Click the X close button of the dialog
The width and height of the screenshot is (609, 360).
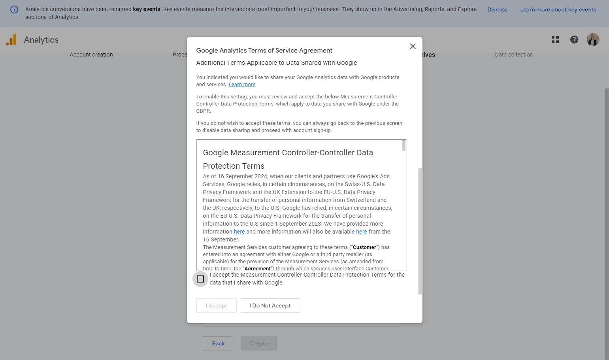[413, 46]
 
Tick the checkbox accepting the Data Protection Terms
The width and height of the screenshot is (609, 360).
[200, 279]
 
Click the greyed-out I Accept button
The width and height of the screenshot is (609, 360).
[216, 305]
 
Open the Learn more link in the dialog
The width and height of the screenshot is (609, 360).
[242, 85]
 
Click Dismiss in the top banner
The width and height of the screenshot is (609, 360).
[497, 9]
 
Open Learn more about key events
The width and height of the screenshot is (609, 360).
[558, 9]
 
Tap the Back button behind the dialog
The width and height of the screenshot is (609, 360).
[218, 343]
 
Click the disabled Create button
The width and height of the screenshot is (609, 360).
[259, 343]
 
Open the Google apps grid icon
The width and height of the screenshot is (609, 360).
[555, 40]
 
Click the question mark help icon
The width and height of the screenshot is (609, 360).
[574, 40]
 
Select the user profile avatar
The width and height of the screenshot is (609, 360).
[593, 40]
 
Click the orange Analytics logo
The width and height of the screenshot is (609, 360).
[11, 40]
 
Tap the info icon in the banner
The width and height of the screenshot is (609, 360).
[14, 9]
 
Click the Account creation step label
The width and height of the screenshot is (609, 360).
[91, 55]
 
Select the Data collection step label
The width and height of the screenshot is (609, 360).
[514, 55]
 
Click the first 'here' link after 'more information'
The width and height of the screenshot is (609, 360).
[239, 232]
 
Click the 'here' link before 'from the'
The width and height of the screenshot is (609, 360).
[361, 232]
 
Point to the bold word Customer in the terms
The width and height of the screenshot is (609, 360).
[364, 247]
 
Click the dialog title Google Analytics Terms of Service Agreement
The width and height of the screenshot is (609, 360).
[264, 50]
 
